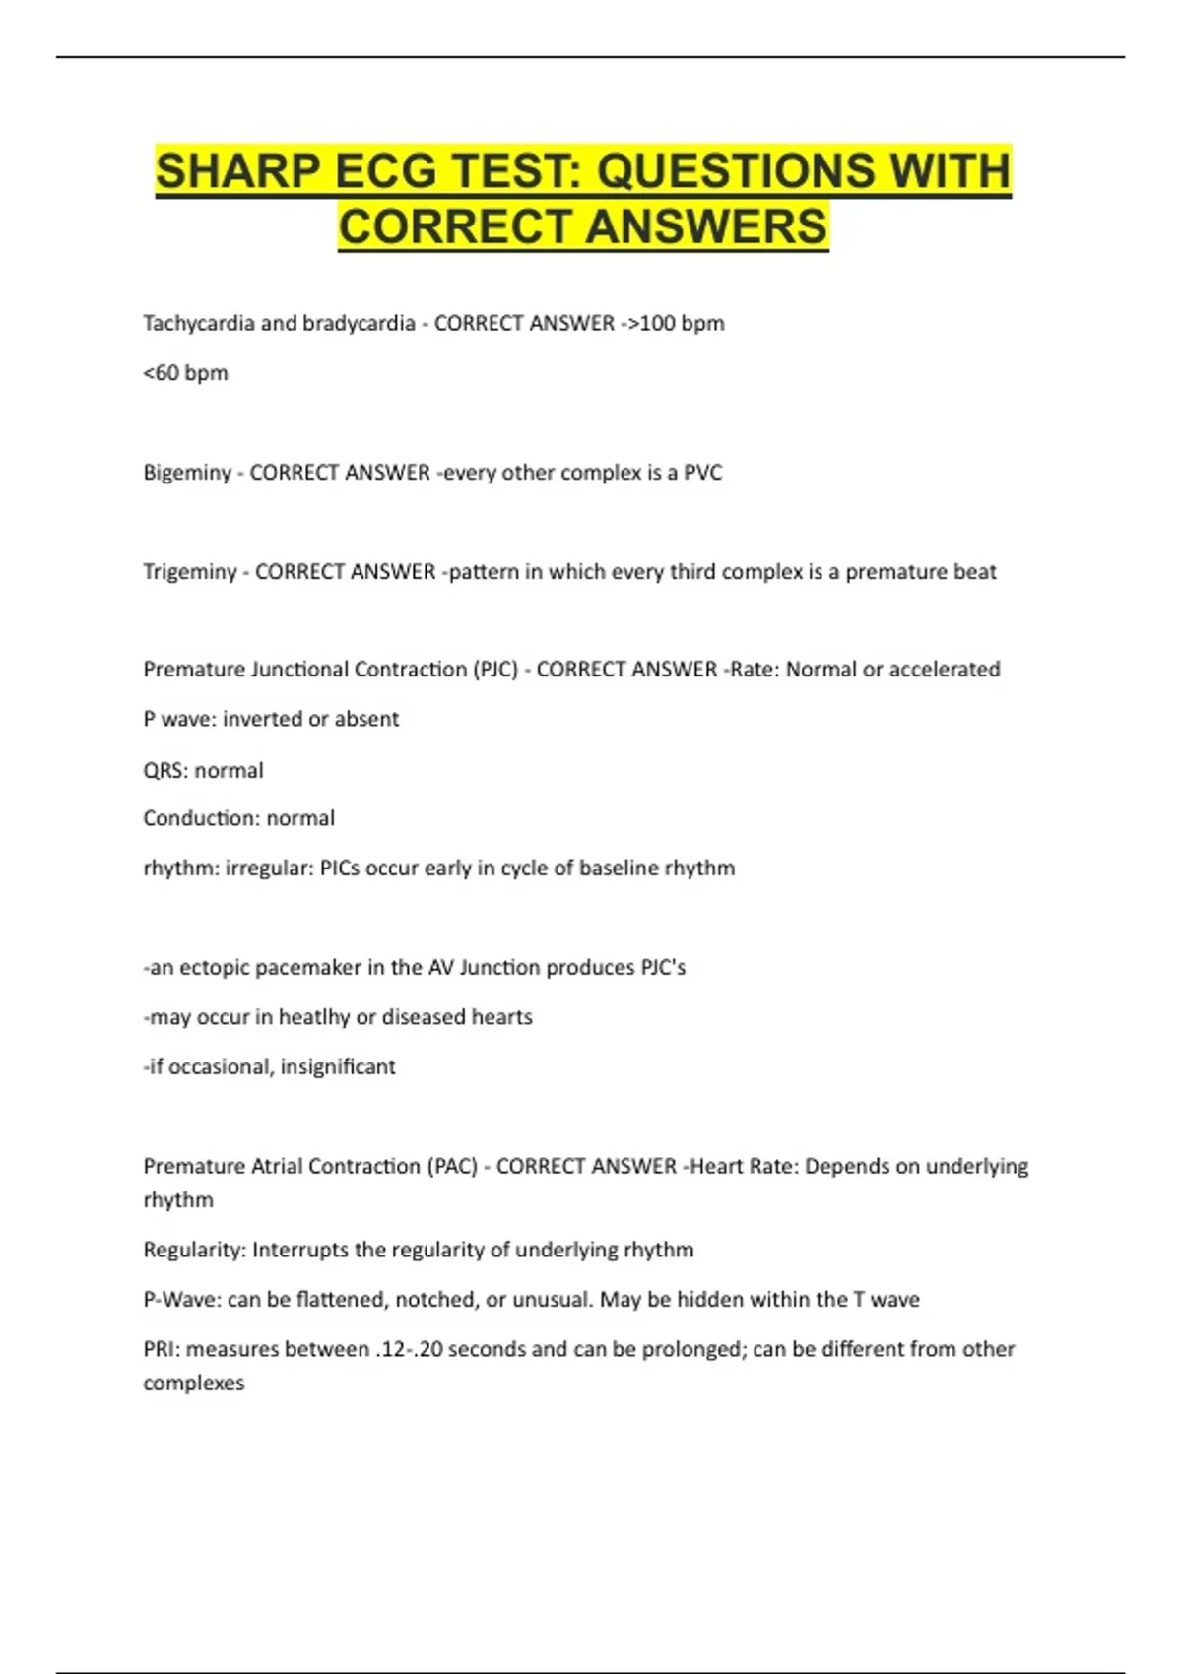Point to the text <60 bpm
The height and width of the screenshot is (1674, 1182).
[x=185, y=373]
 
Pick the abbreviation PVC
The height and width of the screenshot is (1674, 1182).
[x=702, y=473]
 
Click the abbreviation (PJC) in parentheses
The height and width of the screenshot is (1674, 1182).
[x=494, y=670]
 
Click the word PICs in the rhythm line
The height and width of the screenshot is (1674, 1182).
[x=340, y=869]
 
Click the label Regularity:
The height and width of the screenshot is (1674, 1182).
[x=194, y=1251]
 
